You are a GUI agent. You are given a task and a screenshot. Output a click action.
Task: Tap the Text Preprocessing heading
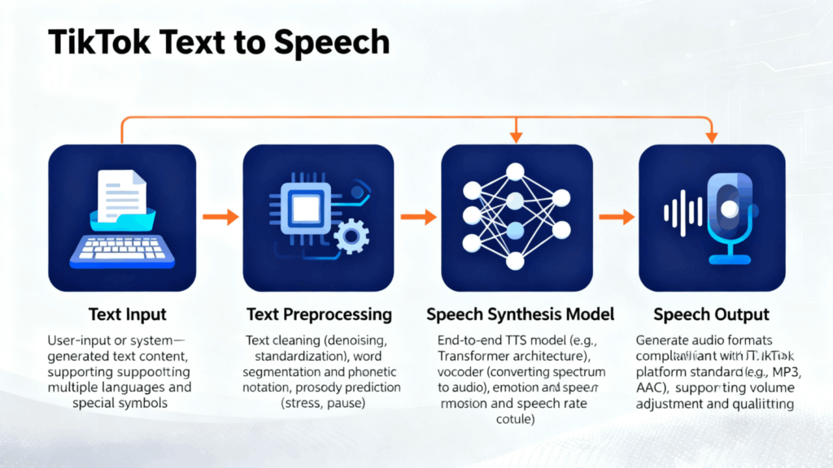(319, 314)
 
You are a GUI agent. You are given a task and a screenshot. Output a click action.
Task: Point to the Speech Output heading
(712, 314)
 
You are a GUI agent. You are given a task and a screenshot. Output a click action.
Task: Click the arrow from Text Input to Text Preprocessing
(220, 217)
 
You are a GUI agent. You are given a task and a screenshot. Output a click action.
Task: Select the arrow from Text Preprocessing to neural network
(419, 217)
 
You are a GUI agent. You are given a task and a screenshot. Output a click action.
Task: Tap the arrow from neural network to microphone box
(616, 217)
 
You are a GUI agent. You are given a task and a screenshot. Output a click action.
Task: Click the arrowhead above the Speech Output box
(712, 136)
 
